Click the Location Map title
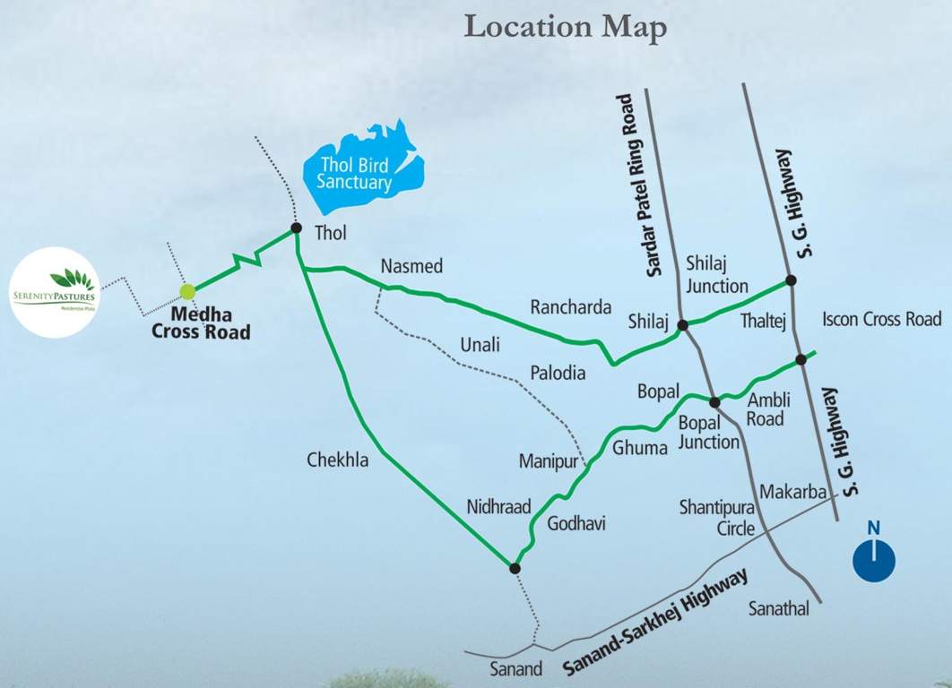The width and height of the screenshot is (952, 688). tap(566, 27)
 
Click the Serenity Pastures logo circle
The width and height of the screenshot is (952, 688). tap(56, 292)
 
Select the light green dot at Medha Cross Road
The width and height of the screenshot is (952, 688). tap(187, 291)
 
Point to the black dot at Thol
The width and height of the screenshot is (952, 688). tap(296, 228)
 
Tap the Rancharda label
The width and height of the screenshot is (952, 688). tap(571, 305)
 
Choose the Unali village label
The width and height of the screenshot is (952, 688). tap(480, 345)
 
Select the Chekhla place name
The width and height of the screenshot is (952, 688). tap(337, 460)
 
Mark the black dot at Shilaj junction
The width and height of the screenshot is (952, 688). tap(682, 324)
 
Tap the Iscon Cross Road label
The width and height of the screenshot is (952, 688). tap(882, 319)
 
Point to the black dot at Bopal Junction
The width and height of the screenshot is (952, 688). tap(714, 402)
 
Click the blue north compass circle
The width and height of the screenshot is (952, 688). tap(873, 560)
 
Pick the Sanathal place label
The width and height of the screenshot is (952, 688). tap(779, 609)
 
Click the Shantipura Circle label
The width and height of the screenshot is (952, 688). tap(717, 518)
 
